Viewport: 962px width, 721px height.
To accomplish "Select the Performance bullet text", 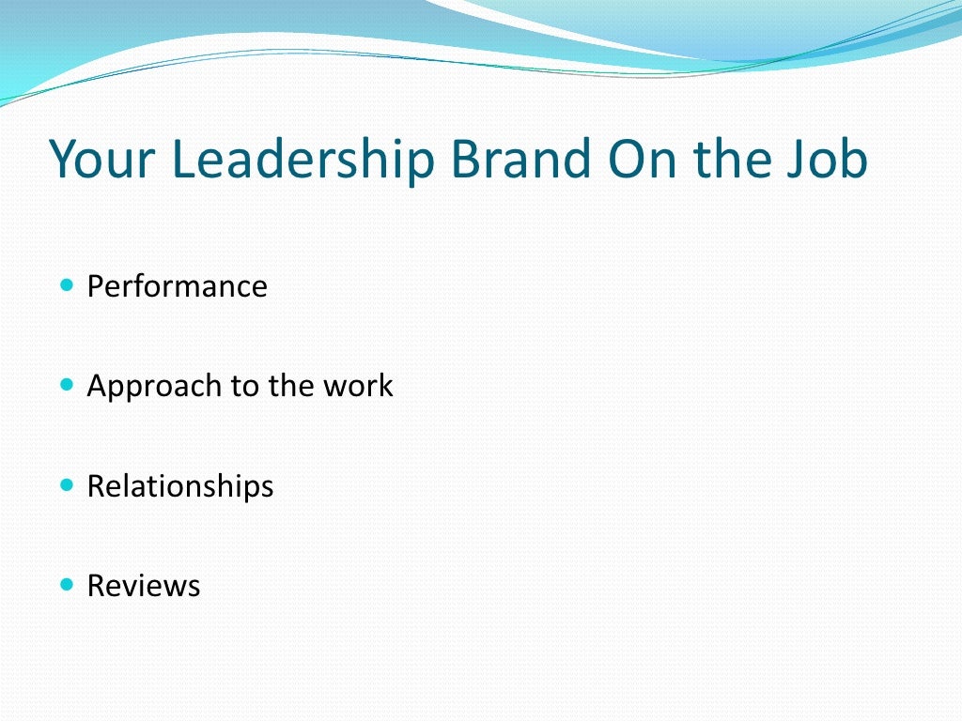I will coord(177,286).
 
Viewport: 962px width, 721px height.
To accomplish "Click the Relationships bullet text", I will coord(180,486).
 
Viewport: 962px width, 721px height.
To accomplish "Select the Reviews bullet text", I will coord(144,586).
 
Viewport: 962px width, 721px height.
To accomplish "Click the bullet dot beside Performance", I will coord(66,284).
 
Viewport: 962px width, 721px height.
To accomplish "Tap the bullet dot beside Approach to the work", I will coord(66,384).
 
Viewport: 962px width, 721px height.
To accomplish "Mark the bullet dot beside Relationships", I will coord(66,484).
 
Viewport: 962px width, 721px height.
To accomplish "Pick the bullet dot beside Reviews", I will coord(66,584).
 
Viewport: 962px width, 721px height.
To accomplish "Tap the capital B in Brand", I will coord(466,159).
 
